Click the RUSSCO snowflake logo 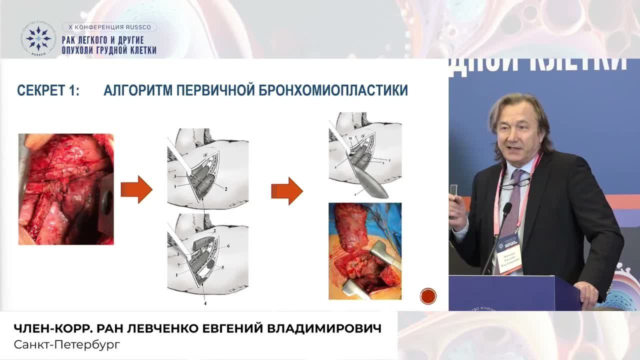[38, 38]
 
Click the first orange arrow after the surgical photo [136, 189]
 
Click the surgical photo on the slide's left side [66, 189]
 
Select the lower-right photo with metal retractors [364, 250]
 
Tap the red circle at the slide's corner [428, 296]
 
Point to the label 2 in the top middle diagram [226, 189]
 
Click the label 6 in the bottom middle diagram [228, 246]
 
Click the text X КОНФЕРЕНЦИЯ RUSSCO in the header [109, 27]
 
